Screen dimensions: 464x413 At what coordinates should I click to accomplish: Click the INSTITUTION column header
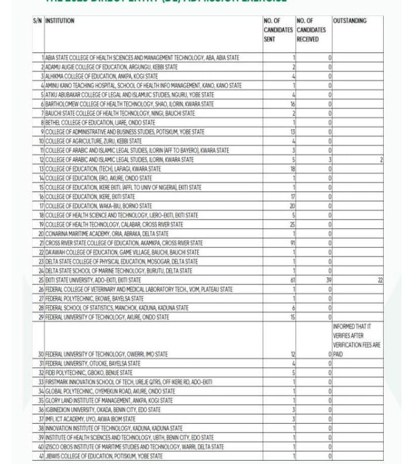pyautogui.click(x=60, y=21)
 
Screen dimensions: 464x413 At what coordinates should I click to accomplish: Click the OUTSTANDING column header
pyautogui.click(x=349, y=21)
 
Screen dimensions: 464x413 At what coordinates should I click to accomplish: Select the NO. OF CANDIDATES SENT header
pyautogui.click(x=278, y=30)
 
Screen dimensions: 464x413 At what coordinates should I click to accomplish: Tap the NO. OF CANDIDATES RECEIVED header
pyautogui.click(x=311, y=30)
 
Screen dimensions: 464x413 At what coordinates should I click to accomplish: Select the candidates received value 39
pyautogui.click(x=329, y=280)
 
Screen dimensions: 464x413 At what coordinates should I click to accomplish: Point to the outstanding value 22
pyautogui.click(x=380, y=280)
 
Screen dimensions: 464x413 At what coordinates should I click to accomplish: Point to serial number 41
pyautogui.click(x=41, y=456)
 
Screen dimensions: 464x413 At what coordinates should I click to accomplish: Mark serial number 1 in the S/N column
pyautogui.click(x=42, y=58)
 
